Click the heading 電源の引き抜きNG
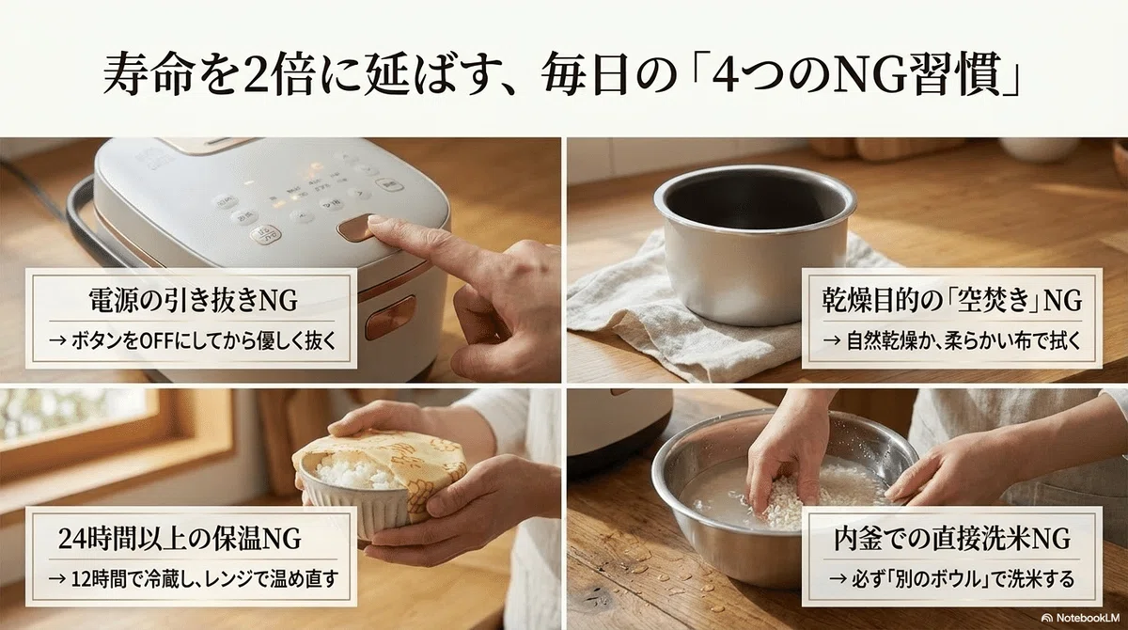pos(193,300)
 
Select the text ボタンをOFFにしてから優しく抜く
pos(192,341)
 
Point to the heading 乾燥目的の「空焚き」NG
pos(951,300)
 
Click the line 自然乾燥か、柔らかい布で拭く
pos(951,341)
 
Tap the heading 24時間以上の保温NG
pos(180,539)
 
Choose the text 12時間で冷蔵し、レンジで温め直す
pos(193,579)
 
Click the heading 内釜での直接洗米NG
pos(951,539)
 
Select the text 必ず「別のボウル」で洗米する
pos(951,579)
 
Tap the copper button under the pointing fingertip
pos(356,228)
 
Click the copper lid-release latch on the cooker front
pos(391,317)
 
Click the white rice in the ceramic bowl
pos(349,473)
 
